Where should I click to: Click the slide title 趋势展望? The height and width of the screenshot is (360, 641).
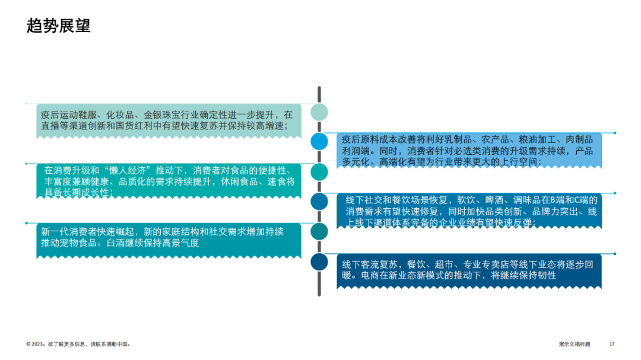coord(59,26)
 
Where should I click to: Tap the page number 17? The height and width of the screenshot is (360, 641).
coord(612,344)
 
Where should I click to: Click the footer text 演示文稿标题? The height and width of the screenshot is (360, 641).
coord(575,344)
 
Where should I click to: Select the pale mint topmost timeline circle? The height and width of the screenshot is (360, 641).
coord(319,112)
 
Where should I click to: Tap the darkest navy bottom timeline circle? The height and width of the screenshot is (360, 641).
coord(319,262)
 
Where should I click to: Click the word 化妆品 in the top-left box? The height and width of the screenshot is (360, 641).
coord(121,114)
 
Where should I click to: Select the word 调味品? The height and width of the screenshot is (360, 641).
coord(535,199)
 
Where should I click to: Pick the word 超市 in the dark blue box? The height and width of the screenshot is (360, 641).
coord(453,265)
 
